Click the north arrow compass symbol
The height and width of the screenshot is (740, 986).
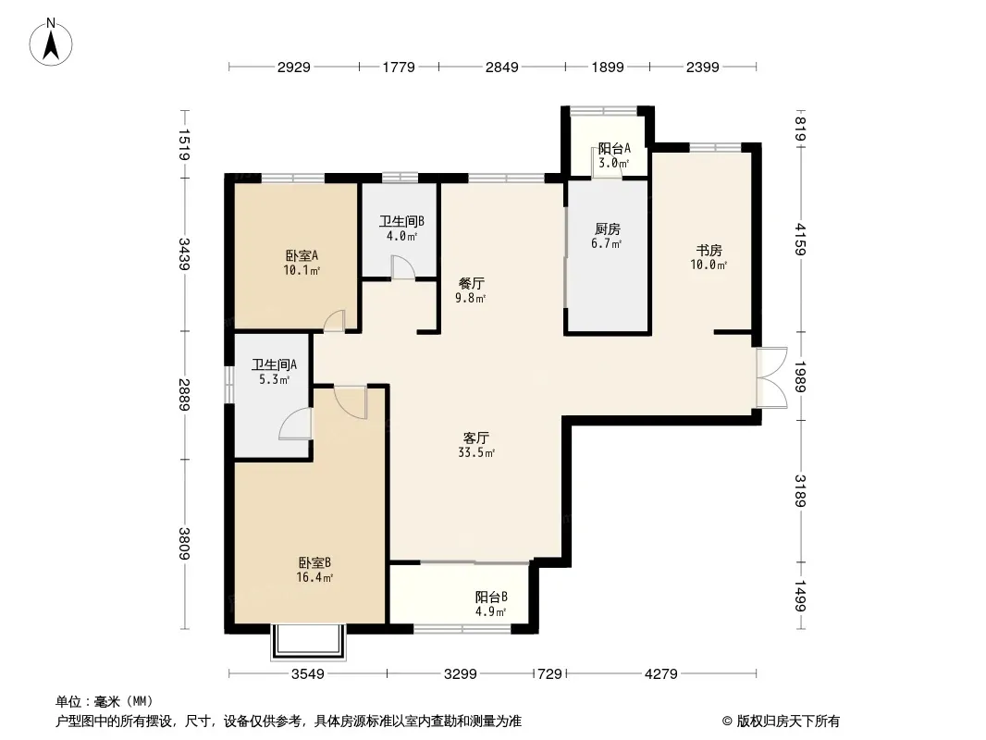point(51,43)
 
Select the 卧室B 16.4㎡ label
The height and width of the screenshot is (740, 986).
point(314,570)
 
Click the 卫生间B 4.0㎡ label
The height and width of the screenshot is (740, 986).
point(401,228)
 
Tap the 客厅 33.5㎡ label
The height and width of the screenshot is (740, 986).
point(476,445)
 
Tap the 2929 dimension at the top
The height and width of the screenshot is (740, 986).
point(294,67)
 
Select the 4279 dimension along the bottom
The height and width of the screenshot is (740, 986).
point(661,674)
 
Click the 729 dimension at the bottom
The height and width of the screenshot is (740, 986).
point(550,674)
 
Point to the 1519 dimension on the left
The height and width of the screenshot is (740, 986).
point(184,144)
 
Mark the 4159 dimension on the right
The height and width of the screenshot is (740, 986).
point(800,239)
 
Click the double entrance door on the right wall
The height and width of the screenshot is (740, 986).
point(770,377)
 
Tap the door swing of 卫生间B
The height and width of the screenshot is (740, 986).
point(402,266)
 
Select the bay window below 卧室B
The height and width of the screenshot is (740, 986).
point(308,642)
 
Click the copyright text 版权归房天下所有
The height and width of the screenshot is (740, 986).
point(788,721)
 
